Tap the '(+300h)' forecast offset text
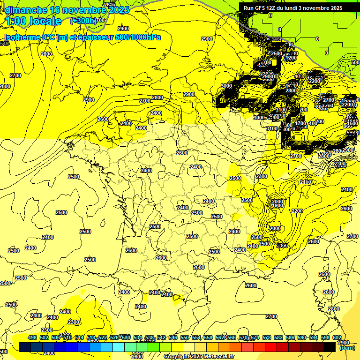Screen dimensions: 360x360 (x=83, y=21)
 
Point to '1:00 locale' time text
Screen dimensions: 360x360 (x=33, y=21)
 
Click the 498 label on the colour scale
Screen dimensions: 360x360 (x=32, y=337)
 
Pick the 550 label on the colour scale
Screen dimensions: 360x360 (x=185, y=337)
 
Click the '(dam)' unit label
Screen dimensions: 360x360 (x=346, y=348)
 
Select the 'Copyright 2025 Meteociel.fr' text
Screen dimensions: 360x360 (x=198, y=356)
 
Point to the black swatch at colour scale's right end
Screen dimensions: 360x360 (x=330, y=347)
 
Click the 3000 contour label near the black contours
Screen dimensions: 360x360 (x=226, y=86)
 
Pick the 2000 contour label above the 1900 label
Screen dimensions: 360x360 (x=277, y=202)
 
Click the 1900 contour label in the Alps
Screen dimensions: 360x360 (x=277, y=206)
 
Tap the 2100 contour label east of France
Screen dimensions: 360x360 (x=306, y=182)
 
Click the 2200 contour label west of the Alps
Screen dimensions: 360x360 (x=297, y=211)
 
